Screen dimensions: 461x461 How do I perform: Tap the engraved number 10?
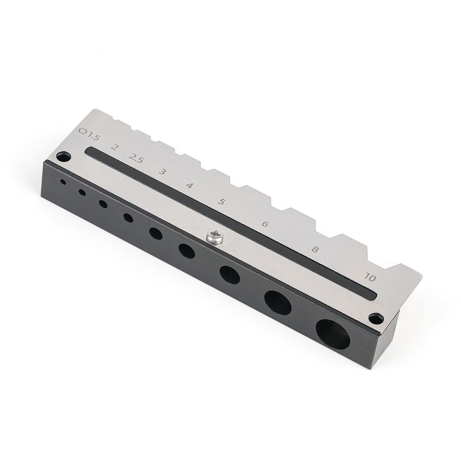(370, 277)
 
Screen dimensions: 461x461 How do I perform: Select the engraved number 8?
(315, 250)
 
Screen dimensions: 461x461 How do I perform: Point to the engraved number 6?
(265, 224)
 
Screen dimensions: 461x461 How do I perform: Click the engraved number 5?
(222, 202)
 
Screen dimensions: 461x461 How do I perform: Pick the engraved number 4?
(190, 186)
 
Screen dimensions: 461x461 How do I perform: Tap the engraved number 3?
(162, 171)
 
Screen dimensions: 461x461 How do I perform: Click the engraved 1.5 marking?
(93, 136)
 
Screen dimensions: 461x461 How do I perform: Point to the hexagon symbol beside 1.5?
(83, 131)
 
